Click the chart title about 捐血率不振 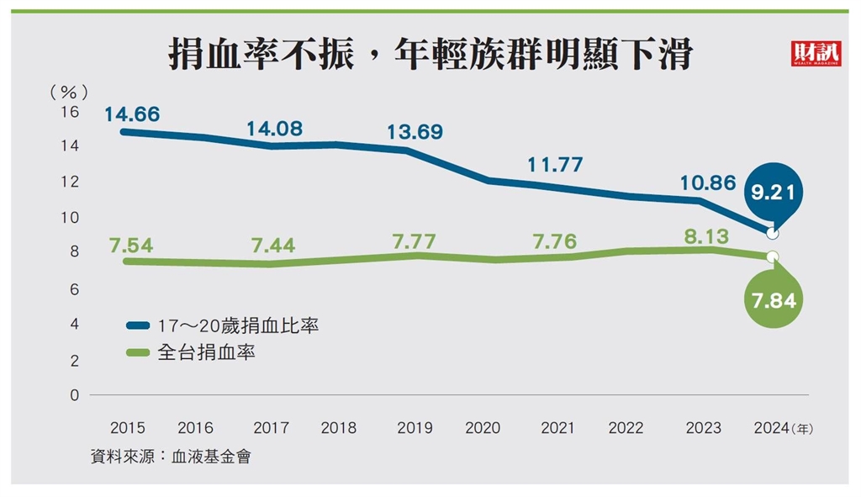(x=430, y=56)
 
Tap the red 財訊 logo (x=811, y=54)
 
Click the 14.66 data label (x=132, y=114)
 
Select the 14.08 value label (x=274, y=129)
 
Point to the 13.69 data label (x=415, y=132)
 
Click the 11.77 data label (x=555, y=165)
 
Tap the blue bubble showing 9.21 (x=774, y=193)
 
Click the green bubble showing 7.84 (x=774, y=300)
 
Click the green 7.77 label (x=415, y=241)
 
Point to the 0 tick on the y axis (x=74, y=395)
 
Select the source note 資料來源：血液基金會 (x=172, y=457)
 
